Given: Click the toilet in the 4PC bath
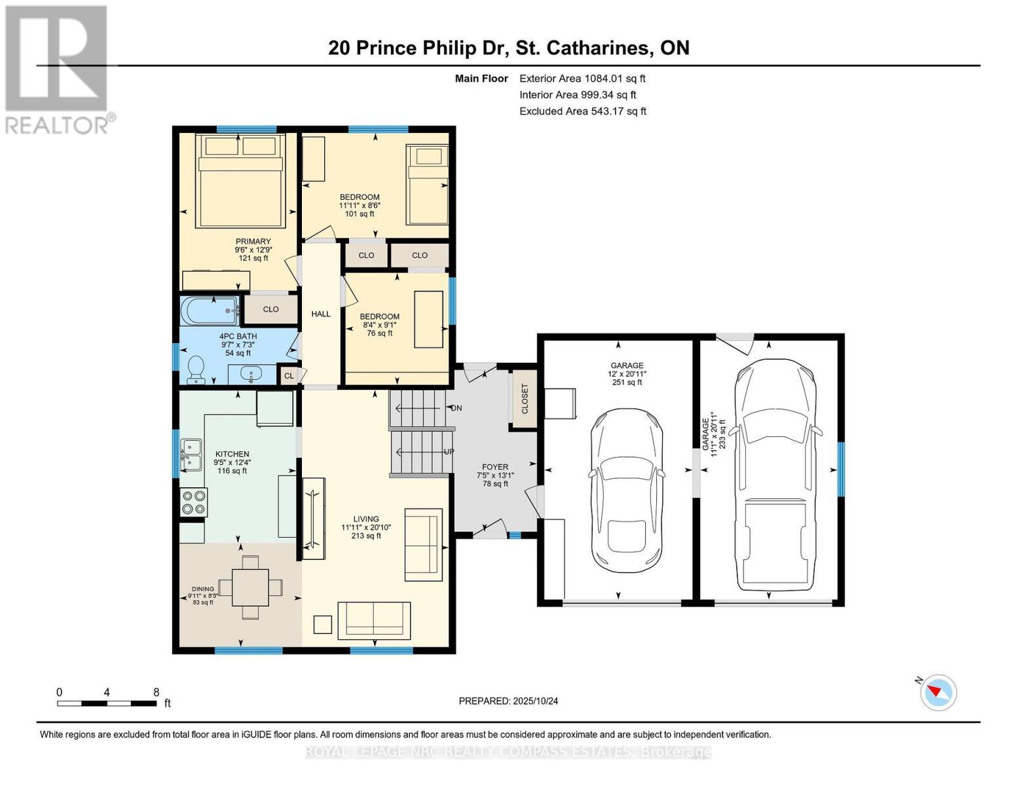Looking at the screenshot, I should point(196,370).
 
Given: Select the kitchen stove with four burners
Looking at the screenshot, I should point(193,502).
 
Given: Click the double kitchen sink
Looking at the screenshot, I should point(191,455).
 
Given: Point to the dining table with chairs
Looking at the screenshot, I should point(250,588).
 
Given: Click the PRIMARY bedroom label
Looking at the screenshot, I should point(253,242).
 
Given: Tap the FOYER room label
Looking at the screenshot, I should point(494,467).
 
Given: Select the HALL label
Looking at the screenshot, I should point(321,314).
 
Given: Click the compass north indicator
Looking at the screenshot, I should point(938,692).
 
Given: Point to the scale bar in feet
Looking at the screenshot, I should point(107,703).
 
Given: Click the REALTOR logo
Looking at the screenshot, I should point(58,69).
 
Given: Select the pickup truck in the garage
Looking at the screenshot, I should point(775,475).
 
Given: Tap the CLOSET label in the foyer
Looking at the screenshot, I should point(525,398).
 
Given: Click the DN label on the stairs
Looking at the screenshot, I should point(456,408).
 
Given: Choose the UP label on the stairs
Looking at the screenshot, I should point(449,452).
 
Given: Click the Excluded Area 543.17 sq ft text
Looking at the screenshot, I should point(582,111).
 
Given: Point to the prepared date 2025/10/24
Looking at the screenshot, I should point(508,701).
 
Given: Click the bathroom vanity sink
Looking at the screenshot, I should point(251,374).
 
